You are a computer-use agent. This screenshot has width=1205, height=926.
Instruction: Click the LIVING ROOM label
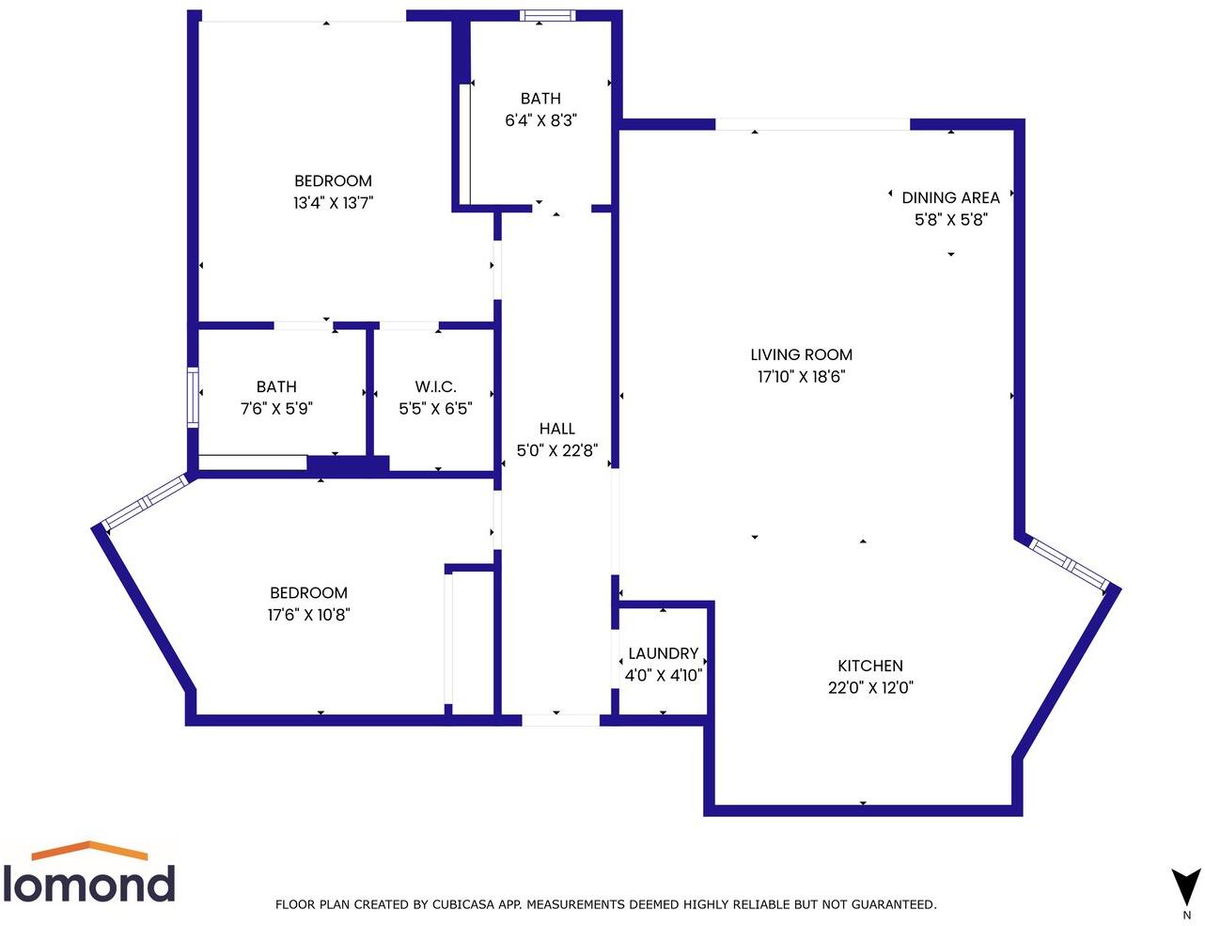801,354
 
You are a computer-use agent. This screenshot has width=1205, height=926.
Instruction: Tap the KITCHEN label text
870,666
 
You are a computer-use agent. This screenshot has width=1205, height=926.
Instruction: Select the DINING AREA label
950,197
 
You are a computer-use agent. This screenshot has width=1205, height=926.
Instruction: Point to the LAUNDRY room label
663,653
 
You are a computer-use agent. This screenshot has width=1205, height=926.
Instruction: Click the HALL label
557,429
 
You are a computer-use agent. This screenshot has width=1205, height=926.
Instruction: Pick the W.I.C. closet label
435,386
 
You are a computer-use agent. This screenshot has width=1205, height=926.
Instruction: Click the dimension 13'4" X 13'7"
334,202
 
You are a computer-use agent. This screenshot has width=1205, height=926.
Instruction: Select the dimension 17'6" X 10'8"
308,615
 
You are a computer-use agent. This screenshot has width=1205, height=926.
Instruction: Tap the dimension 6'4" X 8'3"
540,120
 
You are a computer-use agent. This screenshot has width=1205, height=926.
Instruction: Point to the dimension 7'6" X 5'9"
276,409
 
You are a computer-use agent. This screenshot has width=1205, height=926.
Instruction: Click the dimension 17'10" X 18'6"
801,377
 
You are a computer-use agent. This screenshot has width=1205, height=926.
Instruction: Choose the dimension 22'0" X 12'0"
870,687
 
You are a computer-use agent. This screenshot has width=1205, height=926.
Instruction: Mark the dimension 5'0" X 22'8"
557,450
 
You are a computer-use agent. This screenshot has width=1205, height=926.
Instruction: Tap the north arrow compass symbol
1186,891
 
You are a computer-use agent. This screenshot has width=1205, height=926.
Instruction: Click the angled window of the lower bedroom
146,503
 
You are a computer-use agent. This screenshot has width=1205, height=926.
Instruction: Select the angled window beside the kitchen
1067,563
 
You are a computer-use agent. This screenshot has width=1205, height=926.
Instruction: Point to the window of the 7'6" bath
193,398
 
